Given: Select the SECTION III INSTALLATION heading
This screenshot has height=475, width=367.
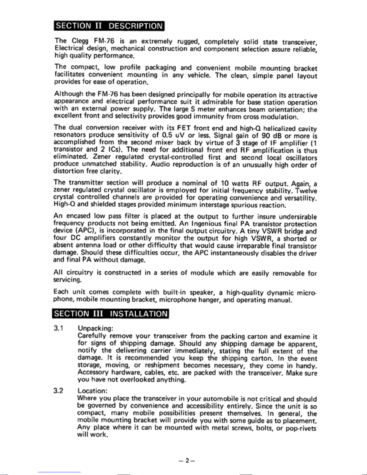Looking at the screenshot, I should coord(111,313).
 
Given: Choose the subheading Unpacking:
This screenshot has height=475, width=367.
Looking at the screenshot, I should coord(95,328).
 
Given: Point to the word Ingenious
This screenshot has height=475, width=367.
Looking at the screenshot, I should coord(207,224).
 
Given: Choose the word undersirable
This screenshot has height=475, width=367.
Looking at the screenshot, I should coord(297,217).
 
